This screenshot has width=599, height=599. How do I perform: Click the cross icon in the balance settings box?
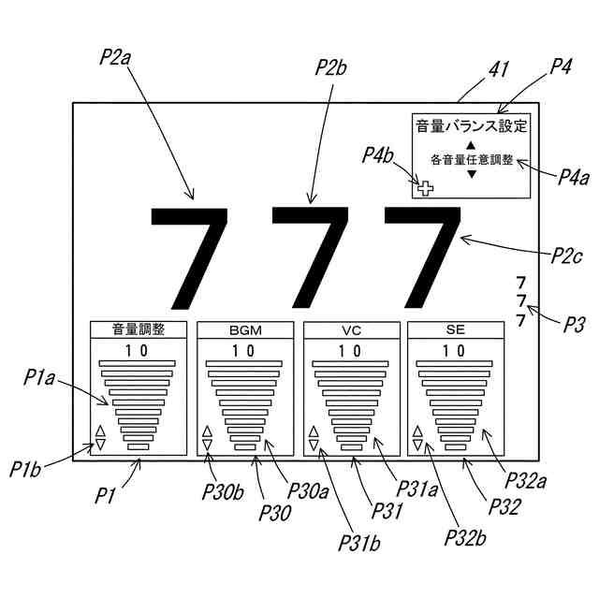(x=425, y=188)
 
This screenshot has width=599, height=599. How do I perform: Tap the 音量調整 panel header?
(x=139, y=329)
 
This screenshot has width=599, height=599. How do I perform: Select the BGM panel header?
(x=244, y=329)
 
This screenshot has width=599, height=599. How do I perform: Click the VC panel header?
(x=351, y=329)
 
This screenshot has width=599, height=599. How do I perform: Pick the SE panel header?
(x=455, y=329)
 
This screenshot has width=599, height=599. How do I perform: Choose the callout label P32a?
(x=526, y=481)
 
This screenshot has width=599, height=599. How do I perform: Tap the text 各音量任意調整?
(x=472, y=160)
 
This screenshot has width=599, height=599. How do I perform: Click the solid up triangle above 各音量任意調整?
(x=472, y=145)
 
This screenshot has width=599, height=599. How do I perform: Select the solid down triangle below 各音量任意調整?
(x=472, y=175)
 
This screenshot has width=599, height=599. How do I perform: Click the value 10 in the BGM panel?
(x=244, y=351)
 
